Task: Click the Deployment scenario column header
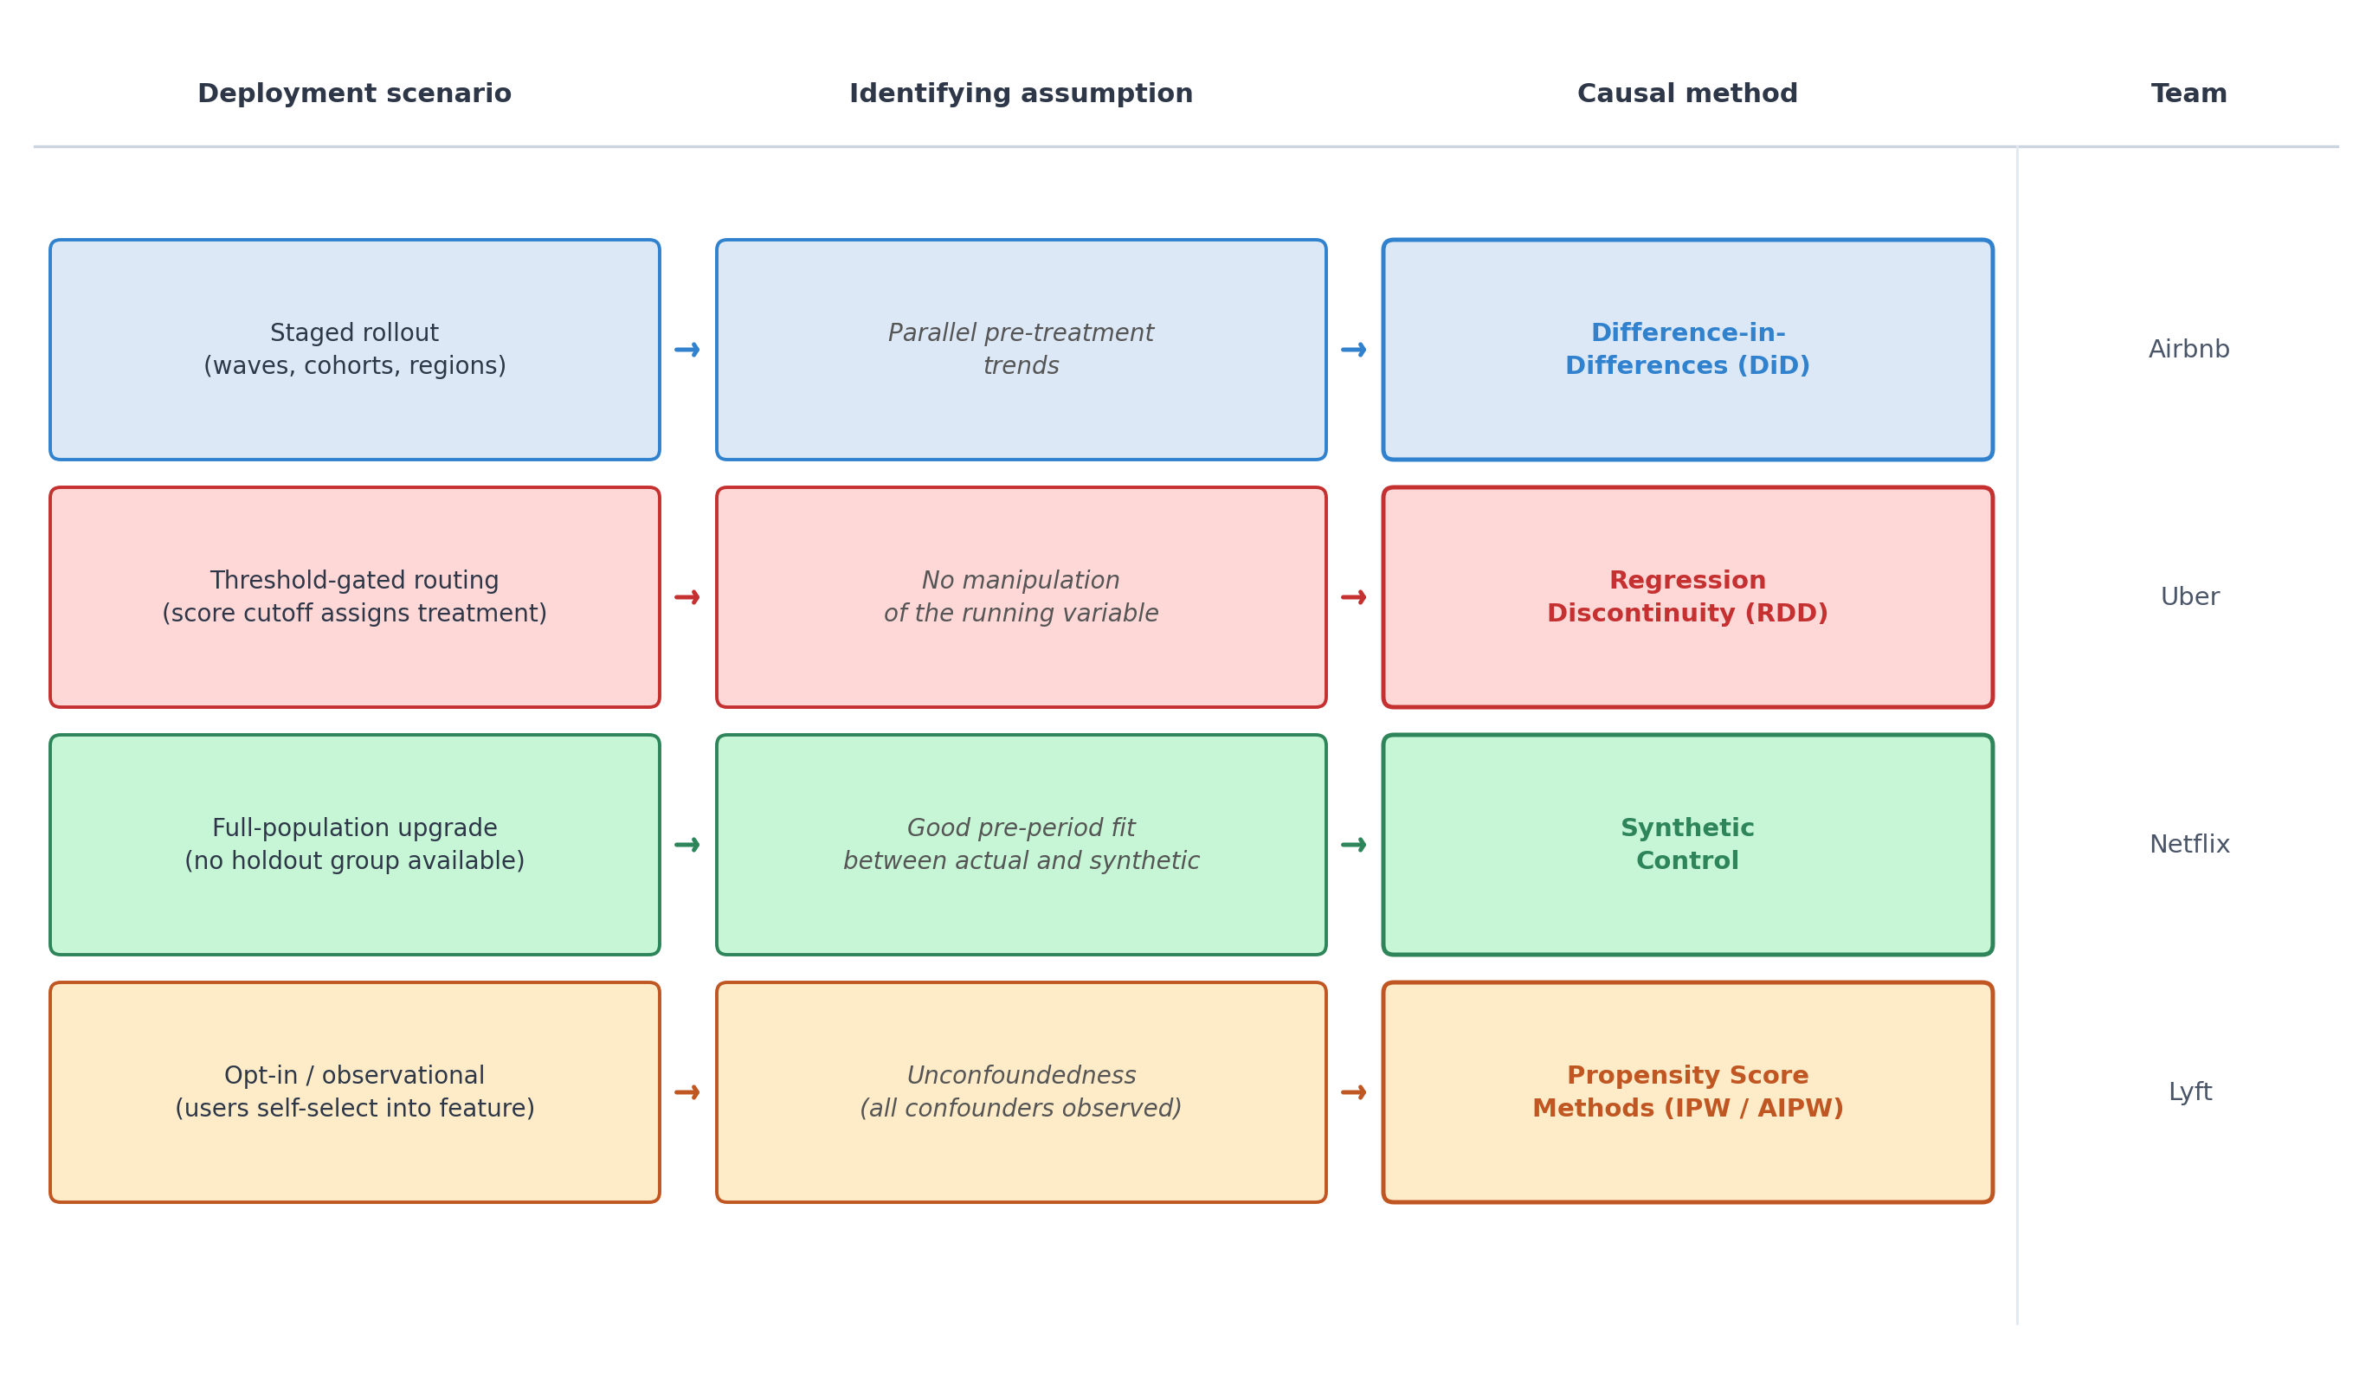point(354,94)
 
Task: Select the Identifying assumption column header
point(1021,94)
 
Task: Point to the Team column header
point(2189,94)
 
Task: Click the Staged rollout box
point(355,350)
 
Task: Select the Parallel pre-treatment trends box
point(1022,350)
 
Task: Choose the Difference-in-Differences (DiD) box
point(1688,350)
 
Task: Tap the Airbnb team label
point(2189,350)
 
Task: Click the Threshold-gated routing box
point(355,597)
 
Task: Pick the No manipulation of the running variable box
point(1022,597)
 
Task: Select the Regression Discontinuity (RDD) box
point(1688,597)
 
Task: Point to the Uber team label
point(2189,597)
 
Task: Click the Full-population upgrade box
point(355,845)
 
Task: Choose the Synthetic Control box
point(1688,845)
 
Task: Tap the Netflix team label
point(2189,845)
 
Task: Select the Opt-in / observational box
point(355,1092)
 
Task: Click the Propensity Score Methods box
point(1688,1092)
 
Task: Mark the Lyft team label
point(2190,1092)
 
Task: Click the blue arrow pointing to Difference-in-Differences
point(1354,350)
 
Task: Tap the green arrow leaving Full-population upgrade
point(687,845)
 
